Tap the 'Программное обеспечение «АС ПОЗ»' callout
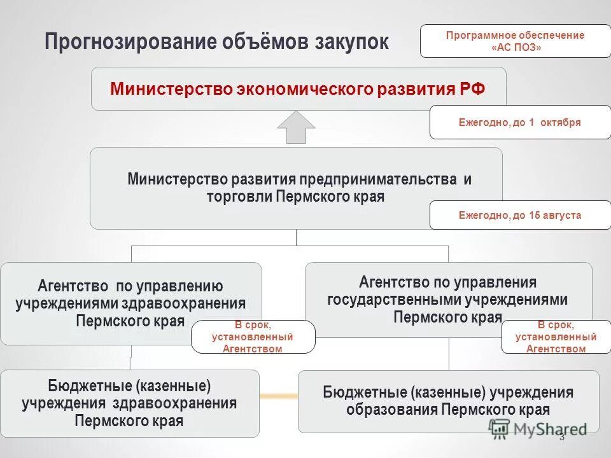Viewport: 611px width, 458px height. (x=515, y=41)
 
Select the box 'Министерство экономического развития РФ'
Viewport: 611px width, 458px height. (x=298, y=88)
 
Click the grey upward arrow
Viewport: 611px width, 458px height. (x=296, y=127)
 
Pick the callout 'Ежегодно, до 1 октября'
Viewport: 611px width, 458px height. (x=520, y=122)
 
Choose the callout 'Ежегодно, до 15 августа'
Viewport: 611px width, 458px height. (x=520, y=215)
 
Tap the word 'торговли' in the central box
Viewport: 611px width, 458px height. (x=239, y=196)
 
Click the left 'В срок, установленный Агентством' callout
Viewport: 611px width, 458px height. (x=253, y=337)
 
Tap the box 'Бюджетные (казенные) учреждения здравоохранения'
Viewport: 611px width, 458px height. (x=129, y=403)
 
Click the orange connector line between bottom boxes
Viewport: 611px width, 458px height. (x=279, y=396)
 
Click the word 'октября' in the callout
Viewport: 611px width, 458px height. (x=561, y=122)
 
